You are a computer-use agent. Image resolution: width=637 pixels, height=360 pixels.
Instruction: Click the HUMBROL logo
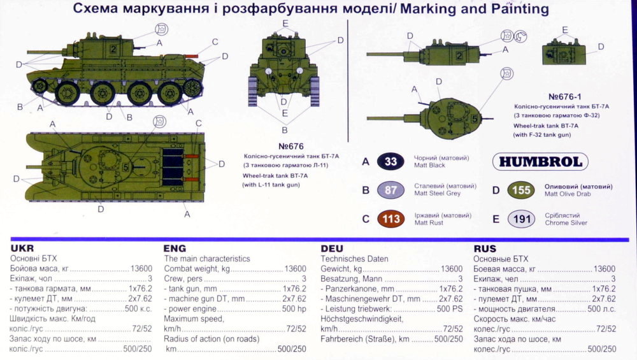[540, 162]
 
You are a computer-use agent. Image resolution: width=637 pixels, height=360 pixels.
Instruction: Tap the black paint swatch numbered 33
[390, 161]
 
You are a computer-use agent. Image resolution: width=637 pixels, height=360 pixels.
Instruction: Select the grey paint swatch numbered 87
[390, 190]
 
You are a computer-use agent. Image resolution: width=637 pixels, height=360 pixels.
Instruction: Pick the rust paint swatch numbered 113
[390, 219]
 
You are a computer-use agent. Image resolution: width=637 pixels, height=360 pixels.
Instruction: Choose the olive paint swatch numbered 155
[521, 190]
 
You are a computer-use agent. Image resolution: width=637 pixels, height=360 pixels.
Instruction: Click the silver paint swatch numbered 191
[521, 219]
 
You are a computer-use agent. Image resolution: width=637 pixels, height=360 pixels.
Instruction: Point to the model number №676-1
[564, 97]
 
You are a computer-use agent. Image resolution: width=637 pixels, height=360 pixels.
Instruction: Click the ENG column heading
[175, 248]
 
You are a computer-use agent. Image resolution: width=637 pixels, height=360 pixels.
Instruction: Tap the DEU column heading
[332, 248]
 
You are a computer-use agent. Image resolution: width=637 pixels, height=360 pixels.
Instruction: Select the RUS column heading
[485, 248]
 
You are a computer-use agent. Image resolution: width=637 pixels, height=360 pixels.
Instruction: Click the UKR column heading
[22, 248]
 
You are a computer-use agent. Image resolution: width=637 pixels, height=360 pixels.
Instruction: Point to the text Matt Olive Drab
[568, 194]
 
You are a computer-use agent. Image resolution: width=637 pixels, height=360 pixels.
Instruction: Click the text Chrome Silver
[566, 222]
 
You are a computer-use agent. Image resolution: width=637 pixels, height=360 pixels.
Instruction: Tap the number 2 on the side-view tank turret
[113, 50]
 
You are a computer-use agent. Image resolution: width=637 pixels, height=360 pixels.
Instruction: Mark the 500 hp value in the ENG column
[294, 309]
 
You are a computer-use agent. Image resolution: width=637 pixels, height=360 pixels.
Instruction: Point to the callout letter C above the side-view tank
[215, 42]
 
